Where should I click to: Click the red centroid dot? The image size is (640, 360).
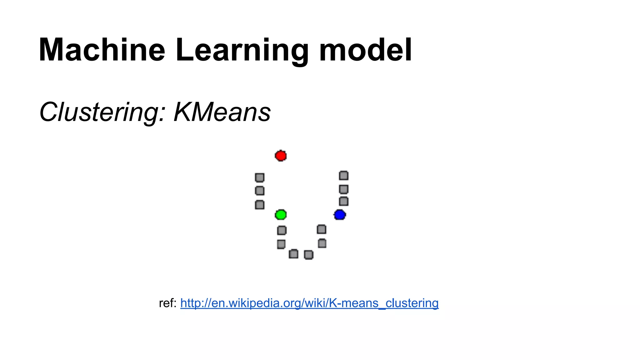pos(281,156)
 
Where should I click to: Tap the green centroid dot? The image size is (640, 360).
pos(281,215)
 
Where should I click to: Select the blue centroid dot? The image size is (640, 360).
pos(340,215)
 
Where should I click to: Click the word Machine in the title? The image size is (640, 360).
pos(102,50)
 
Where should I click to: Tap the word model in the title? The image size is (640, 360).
pos(365,50)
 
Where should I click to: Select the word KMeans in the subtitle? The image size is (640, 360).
pos(222,112)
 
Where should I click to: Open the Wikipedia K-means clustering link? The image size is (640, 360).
pos(309,303)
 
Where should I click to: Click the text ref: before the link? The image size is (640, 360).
pos(168,303)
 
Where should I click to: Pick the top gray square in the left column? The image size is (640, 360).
pos(260,177)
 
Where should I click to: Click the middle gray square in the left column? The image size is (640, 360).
pos(260,191)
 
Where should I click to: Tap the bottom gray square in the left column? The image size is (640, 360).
pos(260,205)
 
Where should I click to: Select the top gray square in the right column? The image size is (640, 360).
pos(344,176)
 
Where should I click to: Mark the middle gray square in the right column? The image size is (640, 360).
pos(344,189)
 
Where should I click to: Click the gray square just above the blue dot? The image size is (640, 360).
pos(344,201)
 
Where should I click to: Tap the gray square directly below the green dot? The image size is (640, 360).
pos(282,230)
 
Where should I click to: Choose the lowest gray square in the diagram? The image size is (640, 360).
pos(309,255)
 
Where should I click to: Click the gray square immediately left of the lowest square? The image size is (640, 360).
pos(293,254)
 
